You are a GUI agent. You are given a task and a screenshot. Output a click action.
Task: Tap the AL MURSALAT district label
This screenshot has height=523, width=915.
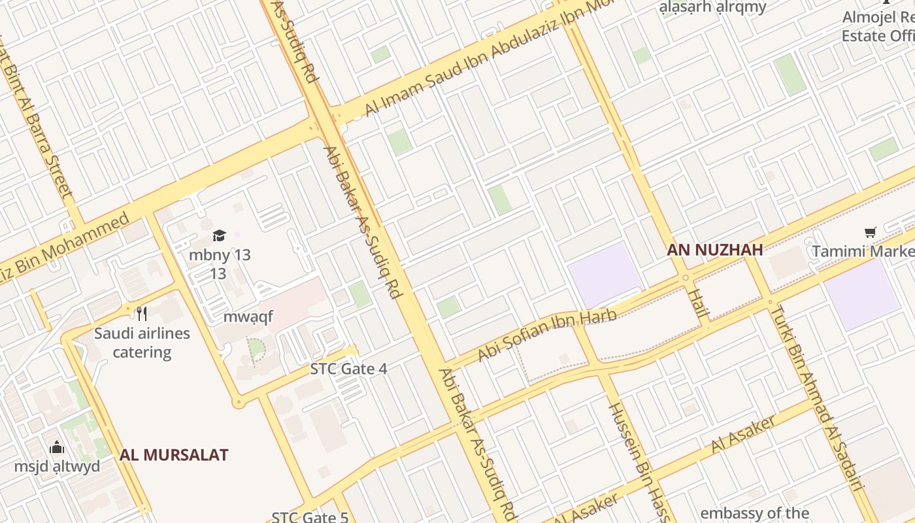[x=174, y=455]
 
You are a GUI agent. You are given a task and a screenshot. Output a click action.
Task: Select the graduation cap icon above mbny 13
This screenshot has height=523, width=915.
[x=219, y=236]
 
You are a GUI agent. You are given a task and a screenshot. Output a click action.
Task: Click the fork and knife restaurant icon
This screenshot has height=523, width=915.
[x=142, y=313]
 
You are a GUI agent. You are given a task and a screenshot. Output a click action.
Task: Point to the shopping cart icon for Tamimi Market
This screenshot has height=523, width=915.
[x=870, y=233]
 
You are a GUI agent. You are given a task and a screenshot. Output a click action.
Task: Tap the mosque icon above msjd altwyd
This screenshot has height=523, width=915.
[x=58, y=447]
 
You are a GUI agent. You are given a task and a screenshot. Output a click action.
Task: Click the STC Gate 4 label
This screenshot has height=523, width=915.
[x=348, y=369]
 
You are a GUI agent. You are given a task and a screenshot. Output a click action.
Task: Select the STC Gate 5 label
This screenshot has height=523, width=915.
[x=310, y=516]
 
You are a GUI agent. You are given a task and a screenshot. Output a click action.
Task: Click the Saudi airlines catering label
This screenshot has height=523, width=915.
[x=142, y=343]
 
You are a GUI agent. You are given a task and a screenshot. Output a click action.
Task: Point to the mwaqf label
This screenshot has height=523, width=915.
[x=248, y=317]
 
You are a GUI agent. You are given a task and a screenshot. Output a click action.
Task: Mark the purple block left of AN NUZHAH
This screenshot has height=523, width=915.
[x=604, y=274]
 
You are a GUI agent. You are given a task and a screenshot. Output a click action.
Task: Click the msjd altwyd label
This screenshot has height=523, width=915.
[x=58, y=466]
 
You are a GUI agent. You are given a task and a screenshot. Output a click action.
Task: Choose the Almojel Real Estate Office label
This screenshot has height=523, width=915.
[x=878, y=26]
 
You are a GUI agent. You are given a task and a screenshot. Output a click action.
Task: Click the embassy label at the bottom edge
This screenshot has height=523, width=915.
[x=754, y=513]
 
